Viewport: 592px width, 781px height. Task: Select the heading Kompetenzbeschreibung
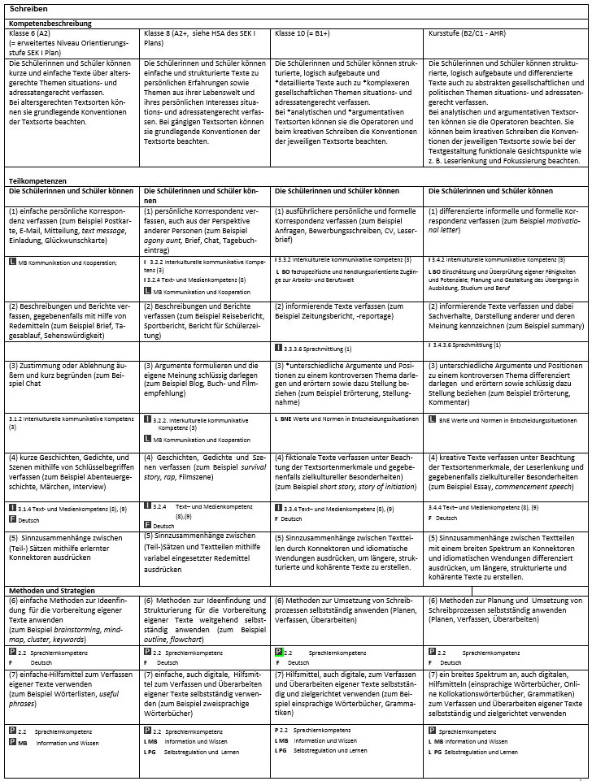50,24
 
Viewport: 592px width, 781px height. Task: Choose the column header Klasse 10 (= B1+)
307,34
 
